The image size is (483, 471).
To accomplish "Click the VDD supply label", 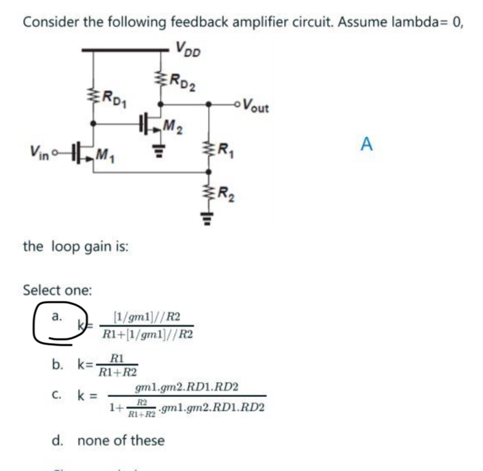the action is (x=187, y=50).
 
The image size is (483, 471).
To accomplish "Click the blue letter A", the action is (x=366, y=143).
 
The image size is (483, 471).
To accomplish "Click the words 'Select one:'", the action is (x=57, y=290).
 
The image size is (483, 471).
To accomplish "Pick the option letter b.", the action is (x=57, y=364).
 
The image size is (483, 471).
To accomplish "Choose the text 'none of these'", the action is (x=120, y=441).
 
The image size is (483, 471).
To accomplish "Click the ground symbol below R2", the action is (x=207, y=217).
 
